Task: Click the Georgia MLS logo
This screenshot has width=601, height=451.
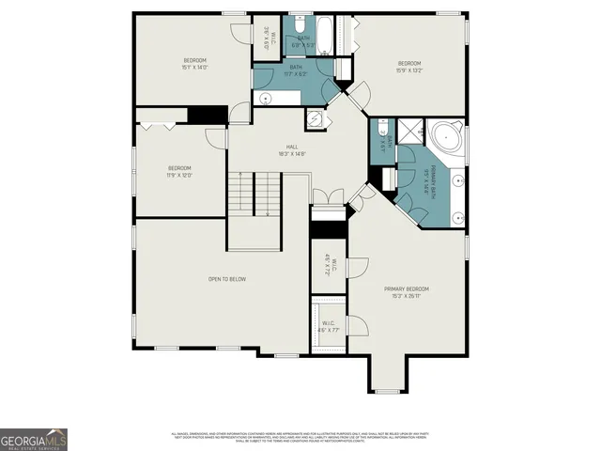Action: (x=34, y=439)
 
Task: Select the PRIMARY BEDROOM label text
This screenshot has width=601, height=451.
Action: (x=407, y=291)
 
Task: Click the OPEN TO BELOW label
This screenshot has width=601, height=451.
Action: (x=226, y=279)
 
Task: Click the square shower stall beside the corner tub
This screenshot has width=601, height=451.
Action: (x=411, y=131)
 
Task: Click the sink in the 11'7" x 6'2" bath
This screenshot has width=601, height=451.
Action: (x=265, y=97)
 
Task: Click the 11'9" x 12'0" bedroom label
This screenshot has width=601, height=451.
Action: (x=178, y=171)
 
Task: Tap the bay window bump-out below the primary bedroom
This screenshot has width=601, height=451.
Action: (x=387, y=376)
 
